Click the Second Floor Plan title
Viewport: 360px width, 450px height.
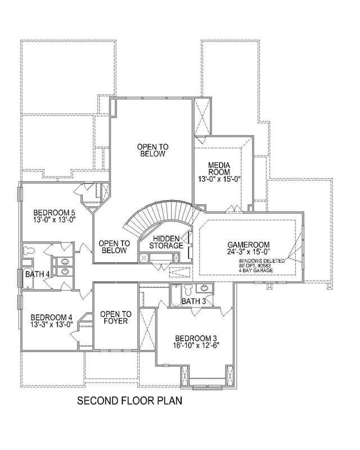click(129, 400)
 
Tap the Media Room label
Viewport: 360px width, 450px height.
click(219, 169)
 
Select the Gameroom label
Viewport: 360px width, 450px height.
click(249, 245)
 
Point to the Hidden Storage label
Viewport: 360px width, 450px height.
click(166, 242)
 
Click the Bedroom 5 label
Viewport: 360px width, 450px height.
click(54, 213)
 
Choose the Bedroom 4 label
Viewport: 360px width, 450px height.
click(51, 317)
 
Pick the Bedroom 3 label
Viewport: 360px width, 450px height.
click(196, 338)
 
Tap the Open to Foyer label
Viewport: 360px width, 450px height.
click(116, 317)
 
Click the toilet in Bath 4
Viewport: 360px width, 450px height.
click(29, 250)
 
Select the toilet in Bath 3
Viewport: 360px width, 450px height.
click(188, 290)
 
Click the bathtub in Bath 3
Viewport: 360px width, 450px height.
click(175, 295)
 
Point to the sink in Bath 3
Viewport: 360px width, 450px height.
click(204, 288)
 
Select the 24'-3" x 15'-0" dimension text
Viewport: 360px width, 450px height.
click(249, 251)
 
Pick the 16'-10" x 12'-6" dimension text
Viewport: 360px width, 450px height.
click(196, 345)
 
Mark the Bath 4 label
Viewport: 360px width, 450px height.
click(37, 274)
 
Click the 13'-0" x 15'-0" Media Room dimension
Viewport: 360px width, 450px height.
click(219, 179)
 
